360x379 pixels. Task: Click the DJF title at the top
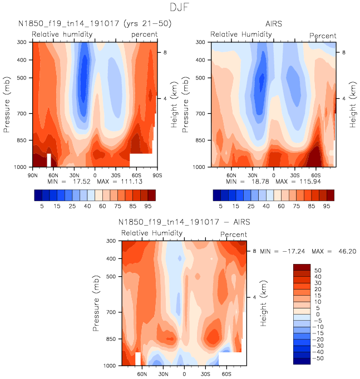pyautogui.click(x=180, y=8)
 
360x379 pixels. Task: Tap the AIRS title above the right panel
pyautogui.click(x=273, y=24)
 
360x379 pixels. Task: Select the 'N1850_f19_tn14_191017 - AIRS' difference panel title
pyautogui.click(x=184, y=222)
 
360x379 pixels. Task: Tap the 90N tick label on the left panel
pyautogui.click(x=32, y=175)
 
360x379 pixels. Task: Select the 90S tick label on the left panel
pyautogui.click(x=156, y=175)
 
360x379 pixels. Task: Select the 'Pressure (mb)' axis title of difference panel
pyautogui.click(x=98, y=303)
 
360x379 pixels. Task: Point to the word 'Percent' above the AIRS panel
pyautogui.click(x=323, y=36)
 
